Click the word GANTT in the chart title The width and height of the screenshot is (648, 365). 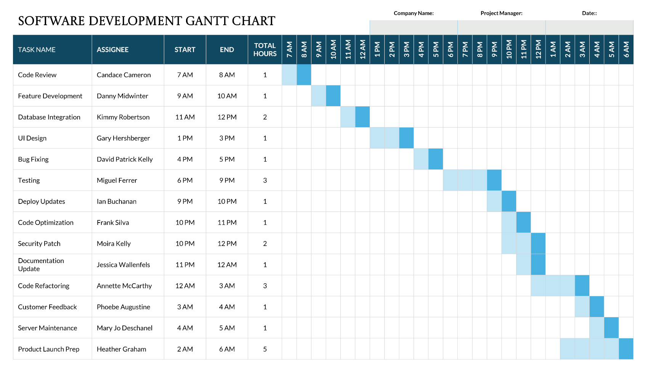pos(207,21)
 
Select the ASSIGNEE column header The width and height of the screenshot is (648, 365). pos(112,50)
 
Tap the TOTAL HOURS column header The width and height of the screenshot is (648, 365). pos(265,50)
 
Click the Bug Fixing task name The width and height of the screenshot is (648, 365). pos(33,159)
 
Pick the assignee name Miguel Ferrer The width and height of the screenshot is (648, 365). pos(117,180)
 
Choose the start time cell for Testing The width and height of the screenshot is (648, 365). pos(185,180)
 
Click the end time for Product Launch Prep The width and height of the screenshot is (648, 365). pos(227,349)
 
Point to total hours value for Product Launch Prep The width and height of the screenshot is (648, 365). pos(265,349)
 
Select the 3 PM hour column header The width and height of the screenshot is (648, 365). pos(406,50)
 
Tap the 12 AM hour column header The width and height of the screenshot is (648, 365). pos(362,50)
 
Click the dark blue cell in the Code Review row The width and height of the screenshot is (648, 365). pos(304,75)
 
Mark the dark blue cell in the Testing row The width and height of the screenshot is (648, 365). pos(494,180)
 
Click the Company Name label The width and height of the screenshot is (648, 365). pos(414,13)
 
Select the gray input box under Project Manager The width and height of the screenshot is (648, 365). pos(501,27)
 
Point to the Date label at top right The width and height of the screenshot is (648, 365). pos(589,13)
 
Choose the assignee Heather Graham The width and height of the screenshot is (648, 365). pos(121,349)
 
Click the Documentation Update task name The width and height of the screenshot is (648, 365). pos(41,265)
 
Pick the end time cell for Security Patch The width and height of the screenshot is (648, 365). pos(227,244)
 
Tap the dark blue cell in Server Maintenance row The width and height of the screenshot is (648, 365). pos(611,328)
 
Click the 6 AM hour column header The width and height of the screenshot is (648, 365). pos(626,50)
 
